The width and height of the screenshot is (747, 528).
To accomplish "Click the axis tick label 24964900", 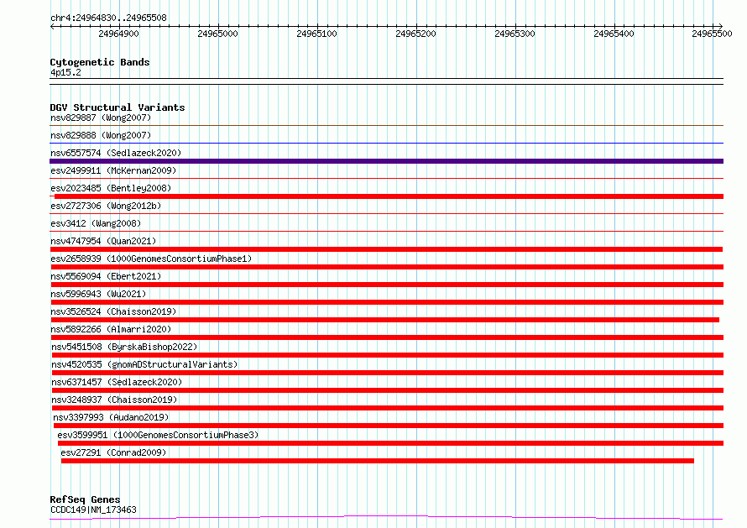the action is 118,34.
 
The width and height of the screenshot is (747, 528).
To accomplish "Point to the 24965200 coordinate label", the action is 415,34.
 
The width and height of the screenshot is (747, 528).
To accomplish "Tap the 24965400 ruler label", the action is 614,34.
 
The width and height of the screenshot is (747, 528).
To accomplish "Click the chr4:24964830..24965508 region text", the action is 108,18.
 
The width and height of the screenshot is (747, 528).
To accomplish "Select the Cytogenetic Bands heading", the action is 100,62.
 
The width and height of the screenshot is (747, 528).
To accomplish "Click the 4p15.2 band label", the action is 65,72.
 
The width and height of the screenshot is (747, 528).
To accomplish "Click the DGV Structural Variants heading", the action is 118,107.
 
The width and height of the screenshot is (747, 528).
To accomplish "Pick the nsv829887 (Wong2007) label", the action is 101,118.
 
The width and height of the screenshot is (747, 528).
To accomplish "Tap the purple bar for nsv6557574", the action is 386,161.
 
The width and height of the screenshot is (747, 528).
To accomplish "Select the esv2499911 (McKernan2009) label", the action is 113,170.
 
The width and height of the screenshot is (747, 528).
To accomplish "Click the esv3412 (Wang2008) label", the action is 96,223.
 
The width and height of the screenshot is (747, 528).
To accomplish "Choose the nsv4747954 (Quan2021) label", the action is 103,241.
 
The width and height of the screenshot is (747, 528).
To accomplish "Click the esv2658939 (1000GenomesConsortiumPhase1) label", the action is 151,259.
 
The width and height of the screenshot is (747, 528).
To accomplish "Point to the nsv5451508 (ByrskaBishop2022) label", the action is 124,347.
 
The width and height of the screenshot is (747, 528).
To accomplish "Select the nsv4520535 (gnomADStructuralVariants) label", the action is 144,364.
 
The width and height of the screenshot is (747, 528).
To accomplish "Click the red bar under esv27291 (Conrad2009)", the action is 378,461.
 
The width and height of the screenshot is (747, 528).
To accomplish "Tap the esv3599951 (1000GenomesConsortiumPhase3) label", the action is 158,435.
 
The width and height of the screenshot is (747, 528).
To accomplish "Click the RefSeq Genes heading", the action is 85,499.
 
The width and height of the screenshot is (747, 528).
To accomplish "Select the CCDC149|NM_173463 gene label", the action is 93,510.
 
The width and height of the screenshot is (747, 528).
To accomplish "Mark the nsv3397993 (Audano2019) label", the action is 111,417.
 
